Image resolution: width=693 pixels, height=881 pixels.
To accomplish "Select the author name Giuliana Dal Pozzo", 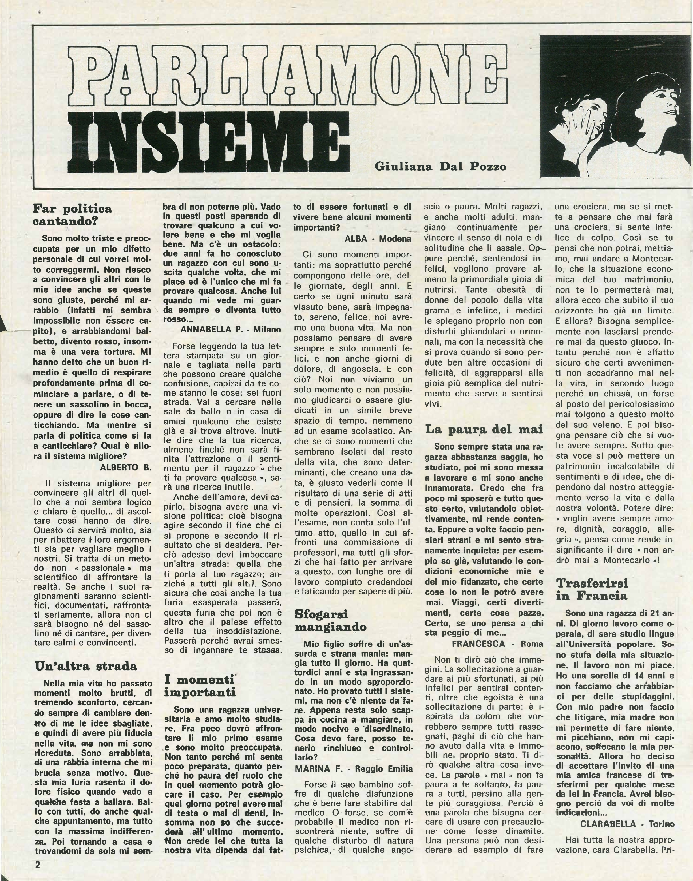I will click(441, 167).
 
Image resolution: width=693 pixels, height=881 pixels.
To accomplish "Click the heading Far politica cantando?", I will click(72, 215).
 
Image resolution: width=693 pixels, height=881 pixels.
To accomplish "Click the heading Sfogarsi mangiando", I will click(331, 621).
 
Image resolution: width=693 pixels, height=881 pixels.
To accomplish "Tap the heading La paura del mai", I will click(484, 429).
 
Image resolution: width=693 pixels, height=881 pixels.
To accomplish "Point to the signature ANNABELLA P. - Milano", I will click(230, 330).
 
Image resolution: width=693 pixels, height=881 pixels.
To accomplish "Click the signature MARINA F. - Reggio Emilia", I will click(354, 769).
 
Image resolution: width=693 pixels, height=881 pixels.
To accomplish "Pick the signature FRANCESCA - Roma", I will click(497, 644).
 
